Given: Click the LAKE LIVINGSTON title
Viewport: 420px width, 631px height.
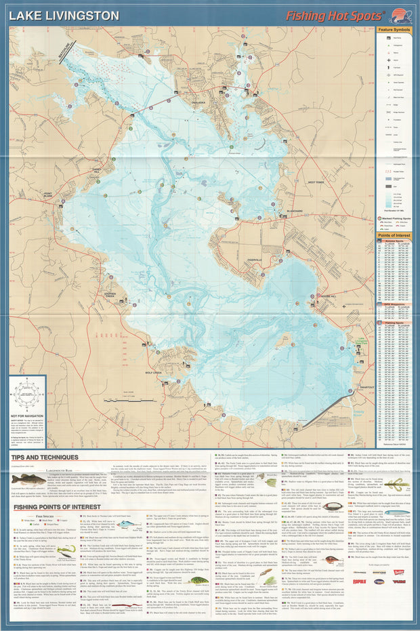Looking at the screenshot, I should pyautogui.click(x=64, y=15).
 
